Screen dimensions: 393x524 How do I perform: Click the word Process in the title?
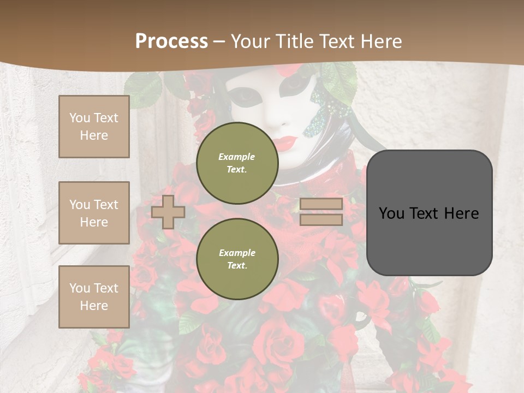pos(171,41)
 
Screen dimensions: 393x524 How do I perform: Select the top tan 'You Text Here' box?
pos(94,127)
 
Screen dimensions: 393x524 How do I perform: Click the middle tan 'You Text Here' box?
pos(94,213)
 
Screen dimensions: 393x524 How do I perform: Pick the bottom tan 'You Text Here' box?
pos(94,297)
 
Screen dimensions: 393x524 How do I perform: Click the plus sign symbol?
pos(168,212)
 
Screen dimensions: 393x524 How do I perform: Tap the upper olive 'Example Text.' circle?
pos(237,163)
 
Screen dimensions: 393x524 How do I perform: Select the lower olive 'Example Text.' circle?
pos(237,259)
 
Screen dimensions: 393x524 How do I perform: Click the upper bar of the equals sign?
pos(321,204)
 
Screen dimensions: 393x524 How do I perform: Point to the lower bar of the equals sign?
pos(321,220)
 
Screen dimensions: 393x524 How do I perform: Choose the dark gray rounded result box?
pos(429,213)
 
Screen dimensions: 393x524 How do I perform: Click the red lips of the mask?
pos(284,143)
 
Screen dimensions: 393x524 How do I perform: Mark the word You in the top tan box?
pos(80,118)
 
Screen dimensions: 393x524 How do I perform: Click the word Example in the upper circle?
pos(236,157)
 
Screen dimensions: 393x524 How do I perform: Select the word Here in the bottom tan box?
pos(94,306)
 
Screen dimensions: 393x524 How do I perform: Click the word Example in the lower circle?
pos(237,253)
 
